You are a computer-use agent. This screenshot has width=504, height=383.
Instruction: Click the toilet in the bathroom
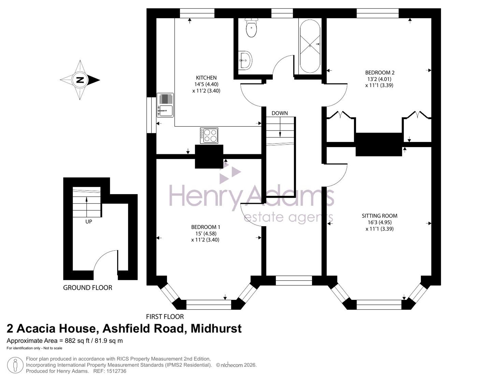(251, 27)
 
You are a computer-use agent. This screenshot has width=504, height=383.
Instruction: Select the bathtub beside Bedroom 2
(310, 46)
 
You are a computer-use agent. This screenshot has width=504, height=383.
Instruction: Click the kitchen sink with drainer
(165, 105)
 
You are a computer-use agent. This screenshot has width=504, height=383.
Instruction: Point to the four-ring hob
(209, 135)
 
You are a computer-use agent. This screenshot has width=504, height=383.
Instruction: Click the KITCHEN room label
(206, 78)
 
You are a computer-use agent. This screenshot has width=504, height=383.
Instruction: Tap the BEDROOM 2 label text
(380, 73)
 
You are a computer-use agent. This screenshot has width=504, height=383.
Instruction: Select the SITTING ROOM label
(380, 216)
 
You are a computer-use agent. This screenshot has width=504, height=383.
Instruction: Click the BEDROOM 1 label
(206, 227)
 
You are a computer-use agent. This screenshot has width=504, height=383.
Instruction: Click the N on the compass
(80, 80)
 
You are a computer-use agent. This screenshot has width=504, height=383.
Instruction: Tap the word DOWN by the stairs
(280, 113)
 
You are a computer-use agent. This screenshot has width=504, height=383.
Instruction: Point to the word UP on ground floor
(89, 222)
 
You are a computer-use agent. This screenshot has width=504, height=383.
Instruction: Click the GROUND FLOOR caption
(87, 288)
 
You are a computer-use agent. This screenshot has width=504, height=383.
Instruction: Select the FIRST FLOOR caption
(165, 317)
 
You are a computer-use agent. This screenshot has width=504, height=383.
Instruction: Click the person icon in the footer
(15, 365)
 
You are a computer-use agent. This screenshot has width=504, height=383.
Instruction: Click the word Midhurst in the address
(216, 328)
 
